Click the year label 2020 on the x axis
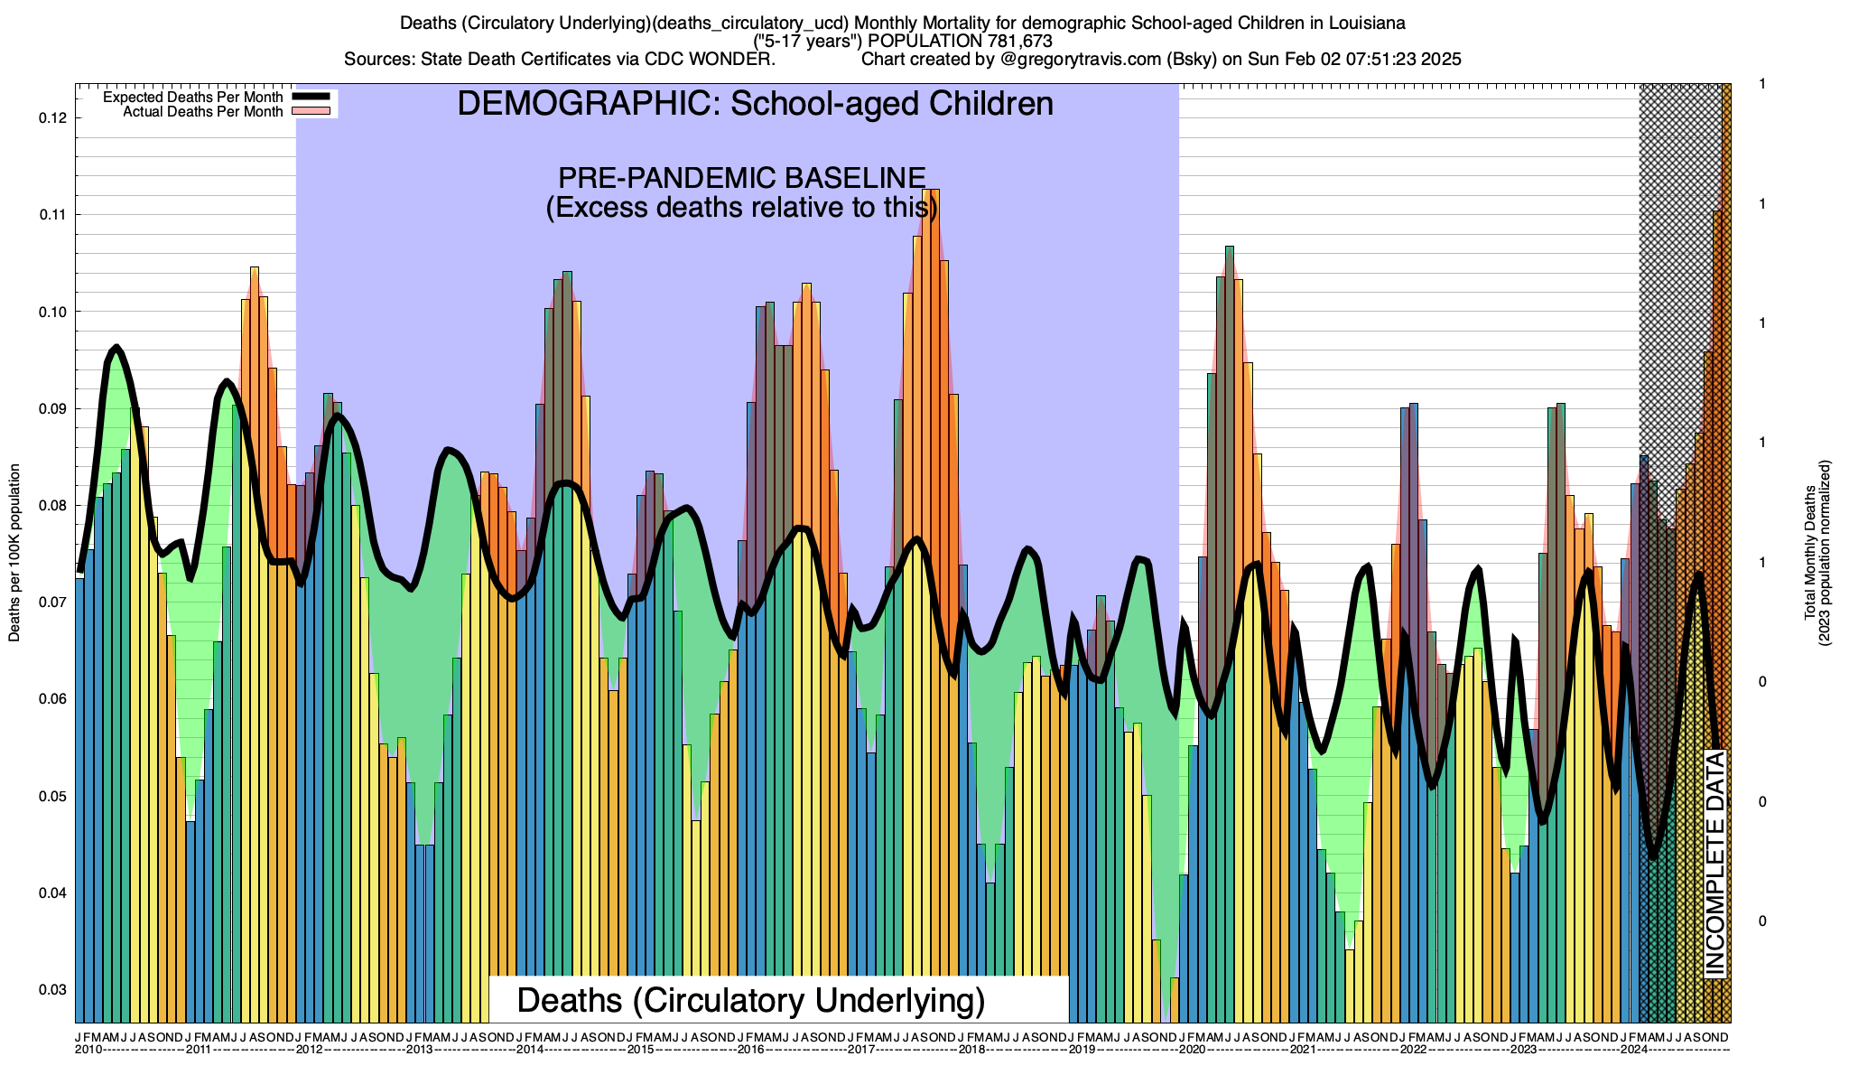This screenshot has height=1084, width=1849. point(1192,1050)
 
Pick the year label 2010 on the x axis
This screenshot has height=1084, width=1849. point(88,1050)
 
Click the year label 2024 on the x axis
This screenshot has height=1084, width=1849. point(1633,1050)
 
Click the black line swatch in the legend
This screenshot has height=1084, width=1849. point(312,98)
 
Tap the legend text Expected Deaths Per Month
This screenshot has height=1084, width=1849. point(192,98)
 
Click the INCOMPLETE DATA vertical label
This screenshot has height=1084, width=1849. point(1715,864)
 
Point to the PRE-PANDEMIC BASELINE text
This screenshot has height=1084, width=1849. point(741,178)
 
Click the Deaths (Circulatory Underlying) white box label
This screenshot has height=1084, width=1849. point(750,1001)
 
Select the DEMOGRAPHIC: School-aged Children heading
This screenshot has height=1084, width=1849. point(755,104)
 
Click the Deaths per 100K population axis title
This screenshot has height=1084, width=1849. point(14,553)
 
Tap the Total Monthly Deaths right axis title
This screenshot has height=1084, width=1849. point(1816,553)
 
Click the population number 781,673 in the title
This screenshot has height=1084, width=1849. point(1012,42)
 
